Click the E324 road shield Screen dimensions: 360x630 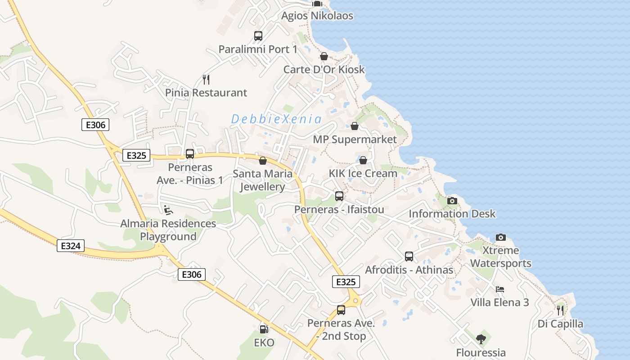71,246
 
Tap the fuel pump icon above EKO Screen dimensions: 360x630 264,329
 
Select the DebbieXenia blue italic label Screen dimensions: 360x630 276,119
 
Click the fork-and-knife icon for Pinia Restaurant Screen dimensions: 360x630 206,80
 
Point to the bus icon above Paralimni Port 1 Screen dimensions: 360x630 258,36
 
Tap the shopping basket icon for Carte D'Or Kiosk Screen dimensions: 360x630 324,56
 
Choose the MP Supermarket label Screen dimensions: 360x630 355,139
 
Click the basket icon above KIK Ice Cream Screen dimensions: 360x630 363,160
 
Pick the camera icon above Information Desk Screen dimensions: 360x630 452,201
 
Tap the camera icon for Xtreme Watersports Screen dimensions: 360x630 500,237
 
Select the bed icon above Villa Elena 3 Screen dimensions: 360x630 499,289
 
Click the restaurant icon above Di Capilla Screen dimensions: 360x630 560,310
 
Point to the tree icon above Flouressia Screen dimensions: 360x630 481,339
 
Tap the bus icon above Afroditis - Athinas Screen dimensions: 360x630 409,256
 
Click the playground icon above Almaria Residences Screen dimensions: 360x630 168,210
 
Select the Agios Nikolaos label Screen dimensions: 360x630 317,16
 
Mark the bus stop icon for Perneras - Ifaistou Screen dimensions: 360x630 339,196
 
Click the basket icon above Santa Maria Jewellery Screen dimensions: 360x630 263,161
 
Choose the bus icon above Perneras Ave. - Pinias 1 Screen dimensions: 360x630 190,154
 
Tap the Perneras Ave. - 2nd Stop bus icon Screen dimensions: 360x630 341,310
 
